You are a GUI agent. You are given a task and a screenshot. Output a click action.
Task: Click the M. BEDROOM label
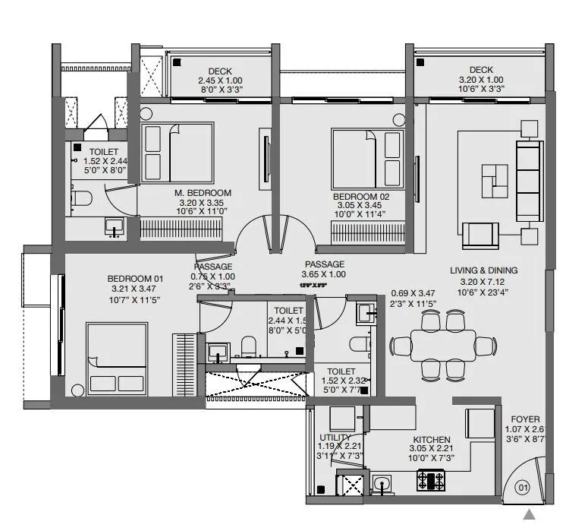[203, 193]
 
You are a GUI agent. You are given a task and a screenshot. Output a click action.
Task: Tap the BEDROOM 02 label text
[361, 196]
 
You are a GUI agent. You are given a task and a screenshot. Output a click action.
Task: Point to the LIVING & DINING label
[483, 270]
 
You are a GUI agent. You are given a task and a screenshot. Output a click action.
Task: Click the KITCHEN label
[432, 440]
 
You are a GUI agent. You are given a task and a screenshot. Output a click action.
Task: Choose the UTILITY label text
[335, 438]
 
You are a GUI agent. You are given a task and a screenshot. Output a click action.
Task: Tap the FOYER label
[525, 419]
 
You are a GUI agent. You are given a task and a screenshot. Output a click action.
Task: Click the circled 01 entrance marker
[522, 488]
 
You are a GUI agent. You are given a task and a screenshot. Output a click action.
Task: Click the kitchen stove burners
[431, 480]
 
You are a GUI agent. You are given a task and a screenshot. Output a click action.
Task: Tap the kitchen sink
[382, 482]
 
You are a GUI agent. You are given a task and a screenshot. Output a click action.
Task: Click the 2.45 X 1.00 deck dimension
[219, 81]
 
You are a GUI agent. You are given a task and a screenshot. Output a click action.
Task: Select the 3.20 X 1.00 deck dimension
[481, 79]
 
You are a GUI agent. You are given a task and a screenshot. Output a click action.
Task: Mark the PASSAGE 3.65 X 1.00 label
[324, 269]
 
